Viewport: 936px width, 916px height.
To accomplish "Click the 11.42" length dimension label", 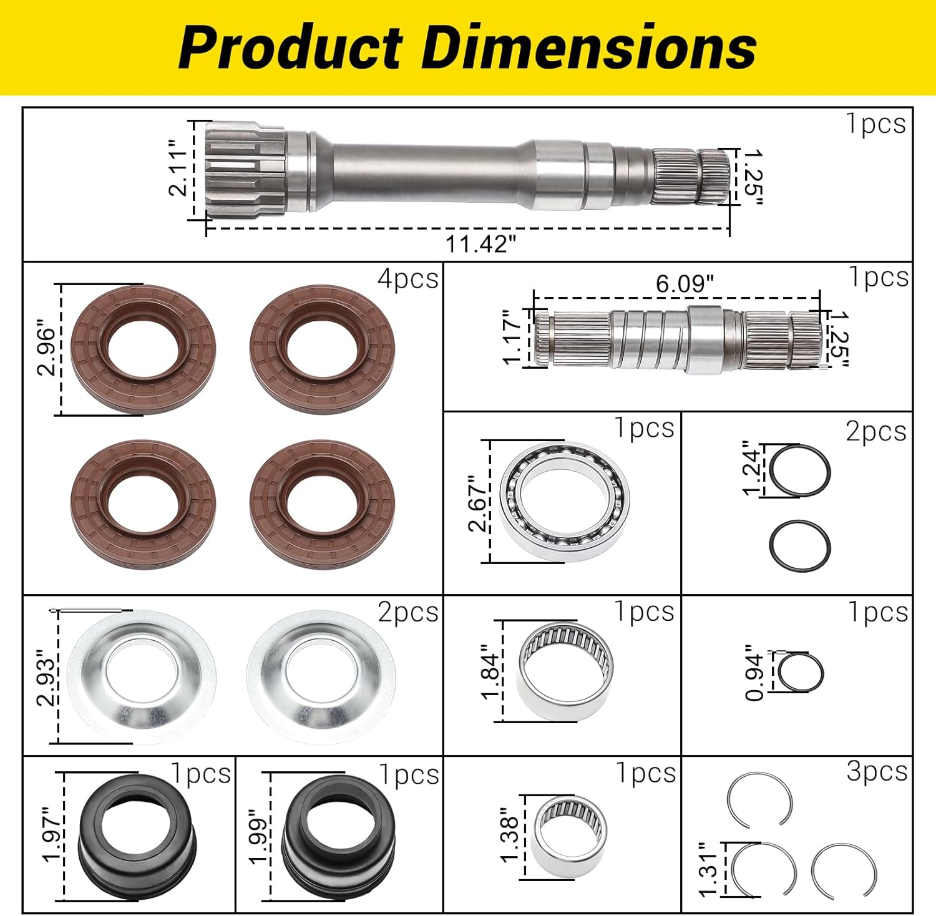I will (480, 244).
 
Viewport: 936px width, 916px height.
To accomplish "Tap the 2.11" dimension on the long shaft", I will (178, 168).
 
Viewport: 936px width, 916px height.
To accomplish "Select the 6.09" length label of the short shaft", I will (684, 284).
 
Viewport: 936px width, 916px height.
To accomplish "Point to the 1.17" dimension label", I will (512, 338).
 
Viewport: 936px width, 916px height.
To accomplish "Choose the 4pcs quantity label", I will (408, 279).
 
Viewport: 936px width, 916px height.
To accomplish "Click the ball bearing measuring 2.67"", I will (565, 502).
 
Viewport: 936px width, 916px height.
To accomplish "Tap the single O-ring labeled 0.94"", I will (801, 672).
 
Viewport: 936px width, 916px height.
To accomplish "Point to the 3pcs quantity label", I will (877, 772).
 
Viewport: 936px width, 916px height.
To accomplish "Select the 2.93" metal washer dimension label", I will (46, 677).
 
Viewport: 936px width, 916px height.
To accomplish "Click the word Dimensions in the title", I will (590, 47).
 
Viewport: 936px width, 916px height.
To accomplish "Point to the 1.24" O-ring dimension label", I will (753, 469).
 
